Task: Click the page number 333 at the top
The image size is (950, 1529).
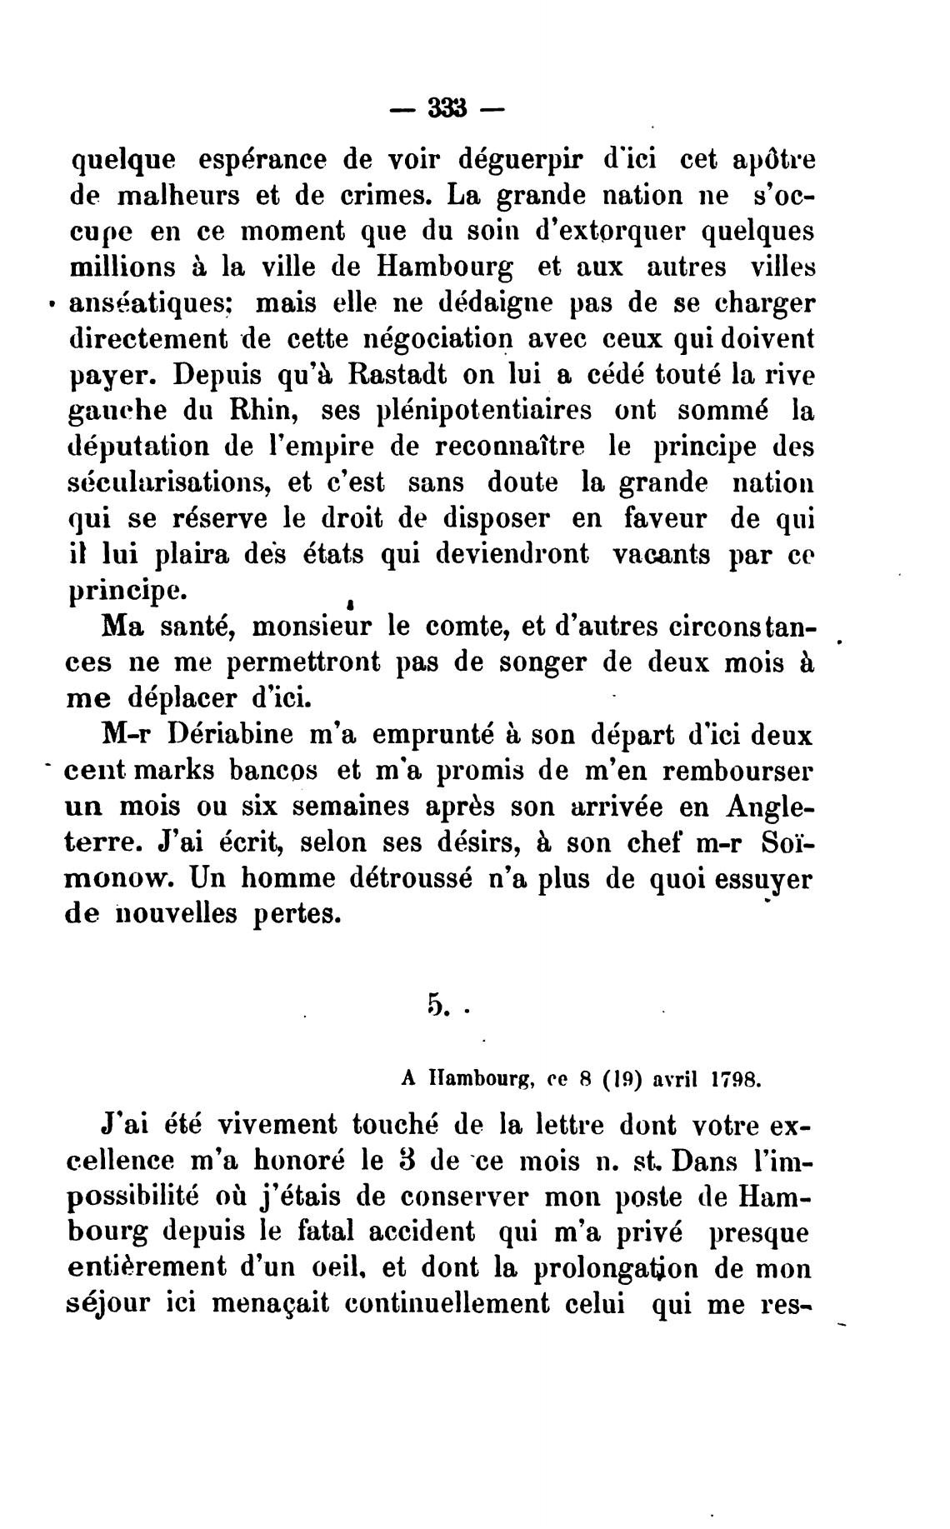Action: point(447,110)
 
